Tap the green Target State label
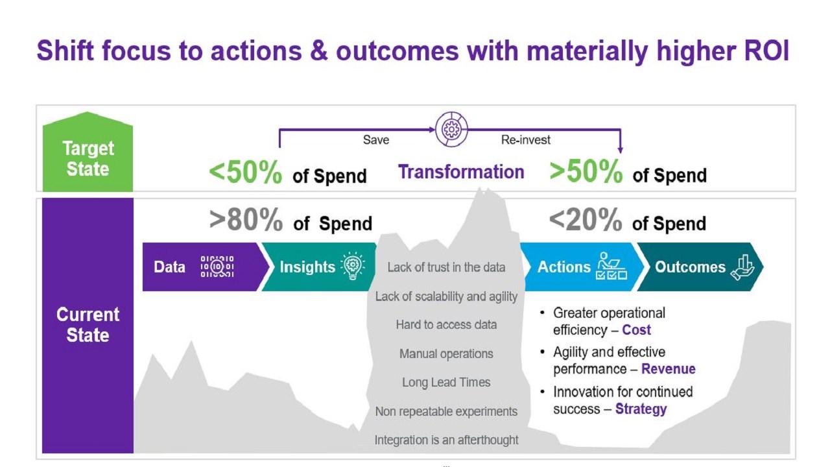(88, 152)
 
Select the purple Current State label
(88, 325)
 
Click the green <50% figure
(245, 173)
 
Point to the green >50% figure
(586, 171)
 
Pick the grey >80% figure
(246, 220)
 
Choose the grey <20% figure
(586, 220)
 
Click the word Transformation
(461, 172)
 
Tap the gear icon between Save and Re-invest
(451, 129)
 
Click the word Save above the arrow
(376, 139)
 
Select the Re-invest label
(526, 139)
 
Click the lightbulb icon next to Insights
(352, 266)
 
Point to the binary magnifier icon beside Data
(217, 266)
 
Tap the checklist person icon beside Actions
(611, 266)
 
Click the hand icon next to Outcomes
(742, 267)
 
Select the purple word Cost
(636, 329)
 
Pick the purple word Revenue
(669, 369)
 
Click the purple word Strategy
(641, 409)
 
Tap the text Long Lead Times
(446, 382)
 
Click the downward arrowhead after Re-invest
(621, 150)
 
